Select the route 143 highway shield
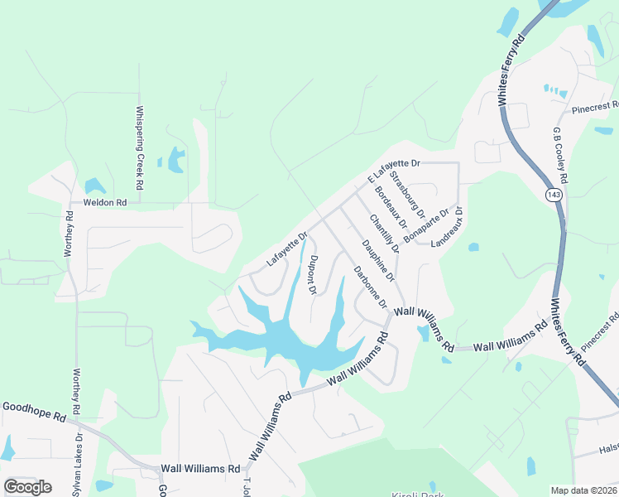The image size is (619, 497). point(553,194)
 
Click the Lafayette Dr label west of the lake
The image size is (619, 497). point(281,249)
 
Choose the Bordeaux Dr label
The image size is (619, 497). point(391,208)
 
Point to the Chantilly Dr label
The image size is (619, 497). point(385,234)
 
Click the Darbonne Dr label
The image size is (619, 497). point(370,286)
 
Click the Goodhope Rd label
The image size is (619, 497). point(33,408)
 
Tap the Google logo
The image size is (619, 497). point(27,486)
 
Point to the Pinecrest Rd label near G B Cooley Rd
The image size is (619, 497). point(595,107)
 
